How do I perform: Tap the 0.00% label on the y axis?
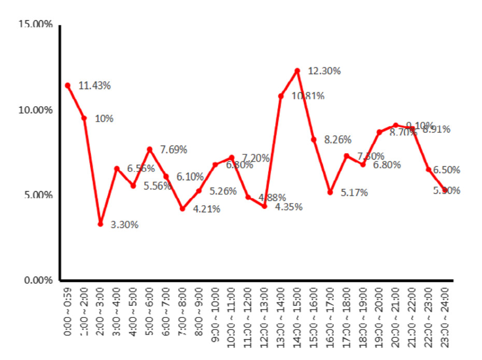pos(38,281)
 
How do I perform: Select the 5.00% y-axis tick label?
pos(38,195)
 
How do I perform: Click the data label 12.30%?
pos(324,71)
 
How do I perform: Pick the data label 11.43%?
pos(94,86)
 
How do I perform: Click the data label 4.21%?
pos(206,209)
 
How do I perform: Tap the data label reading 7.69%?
pos(173,150)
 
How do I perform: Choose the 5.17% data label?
pos(354,193)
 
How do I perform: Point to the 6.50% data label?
pos(447,170)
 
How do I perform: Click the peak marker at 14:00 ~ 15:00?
pos(297,70)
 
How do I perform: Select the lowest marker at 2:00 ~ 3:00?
pos(101,224)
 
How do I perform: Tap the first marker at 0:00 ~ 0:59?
pos(67,85)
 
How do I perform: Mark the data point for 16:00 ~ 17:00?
pos(330,192)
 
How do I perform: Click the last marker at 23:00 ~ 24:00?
pos(445,191)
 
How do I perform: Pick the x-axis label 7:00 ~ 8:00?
pos(182,310)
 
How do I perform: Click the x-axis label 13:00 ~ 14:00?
pos(281,309)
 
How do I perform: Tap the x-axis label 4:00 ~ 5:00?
pos(133,310)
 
